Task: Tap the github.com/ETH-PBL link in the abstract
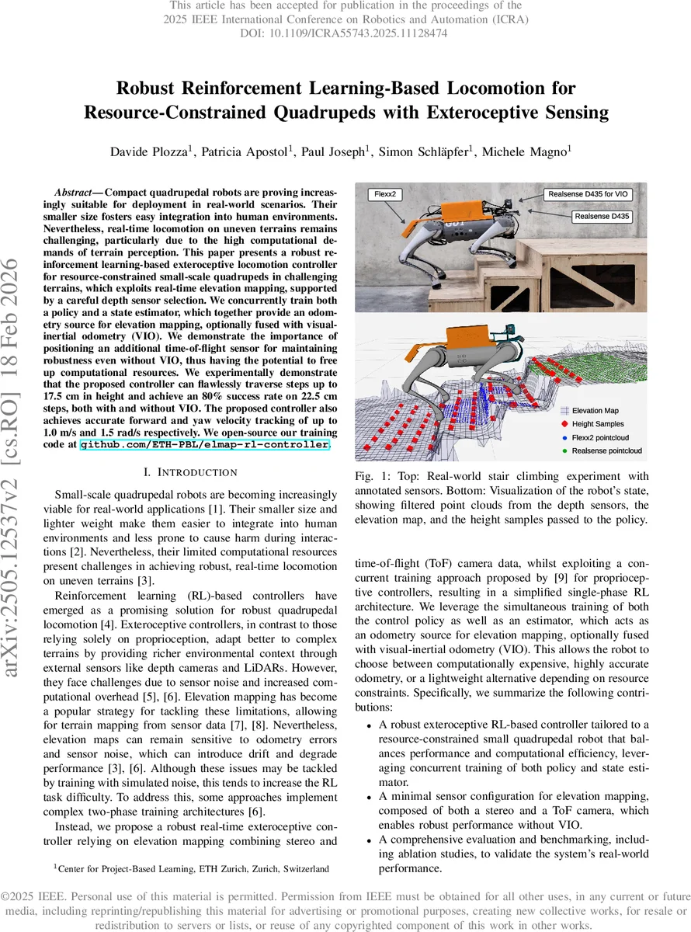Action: click(x=206, y=445)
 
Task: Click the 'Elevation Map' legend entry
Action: click(x=599, y=410)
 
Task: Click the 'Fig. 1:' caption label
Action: click(x=372, y=476)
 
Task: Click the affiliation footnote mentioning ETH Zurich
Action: click(x=190, y=868)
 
